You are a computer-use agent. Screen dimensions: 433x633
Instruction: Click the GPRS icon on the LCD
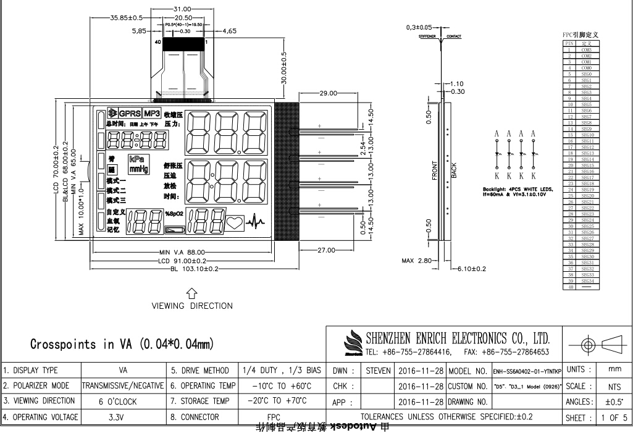tap(129, 114)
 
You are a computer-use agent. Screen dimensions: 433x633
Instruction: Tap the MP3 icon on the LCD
tap(152, 114)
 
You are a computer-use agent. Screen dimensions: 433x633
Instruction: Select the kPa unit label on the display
tap(137, 159)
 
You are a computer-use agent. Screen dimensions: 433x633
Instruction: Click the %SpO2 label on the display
tap(174, 214)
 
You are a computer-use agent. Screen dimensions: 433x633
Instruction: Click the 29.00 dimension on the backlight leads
tap(329, 93)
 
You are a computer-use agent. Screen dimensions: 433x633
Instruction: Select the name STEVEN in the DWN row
tap(378, 371)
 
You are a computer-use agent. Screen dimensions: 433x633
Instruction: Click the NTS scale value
tap(614, 386)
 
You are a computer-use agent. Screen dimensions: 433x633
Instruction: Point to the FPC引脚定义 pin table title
tap(581, 35)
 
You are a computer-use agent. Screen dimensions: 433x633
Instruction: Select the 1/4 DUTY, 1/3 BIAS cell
tap(282, 371)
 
